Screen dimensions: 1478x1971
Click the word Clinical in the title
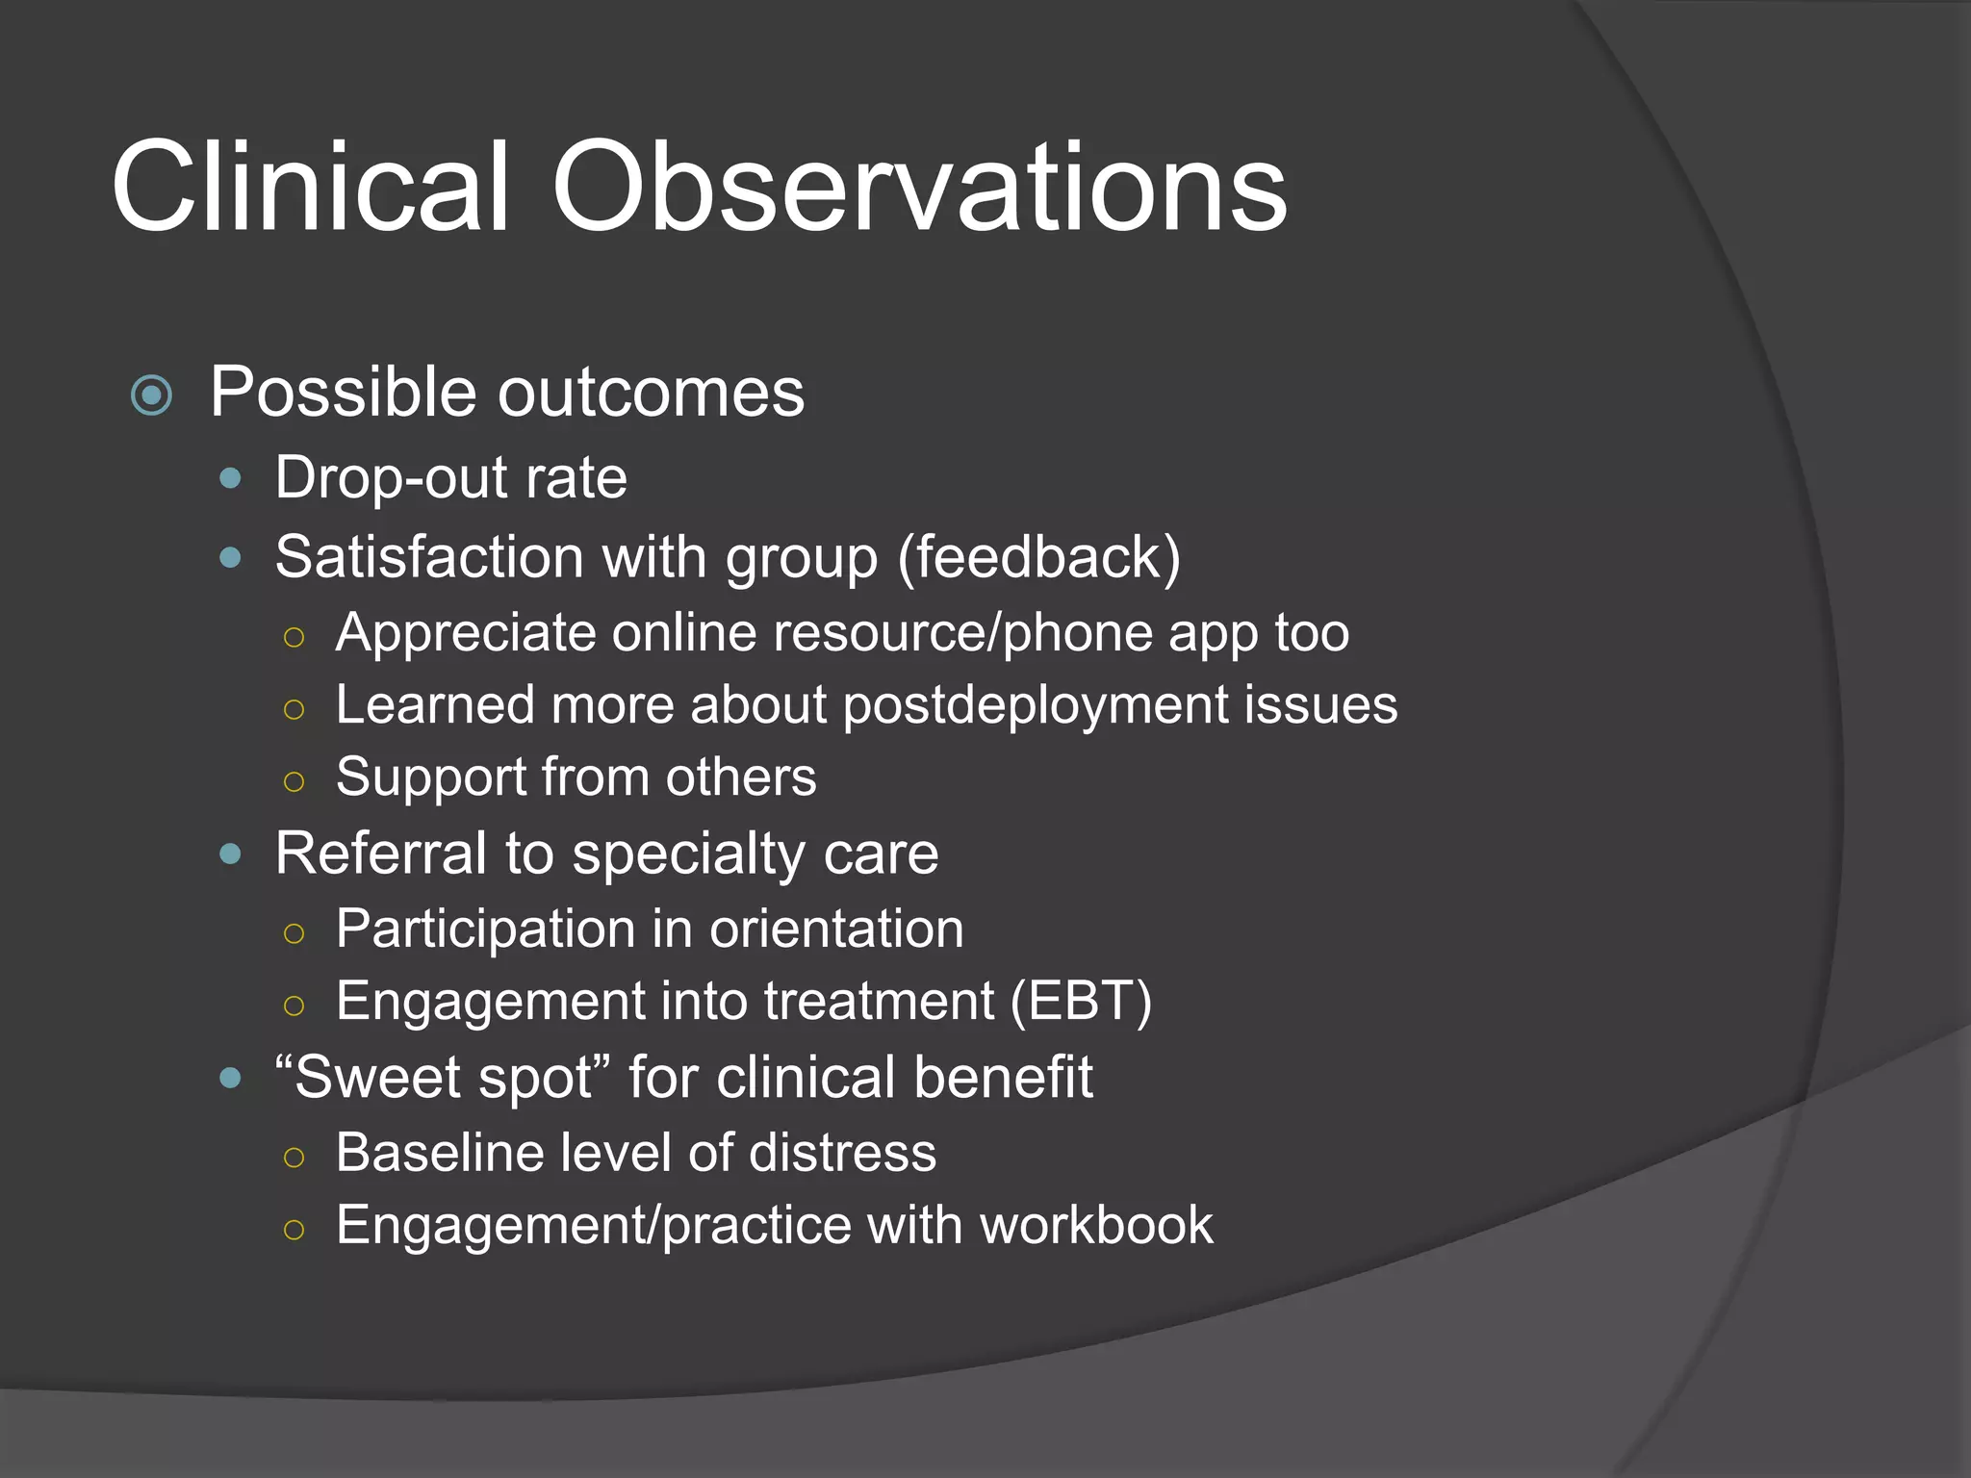click(310, 188)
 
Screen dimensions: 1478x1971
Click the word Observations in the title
click(919, 188)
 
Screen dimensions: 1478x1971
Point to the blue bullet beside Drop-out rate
click(230, 478)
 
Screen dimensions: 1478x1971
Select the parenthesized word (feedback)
click(1038, 558)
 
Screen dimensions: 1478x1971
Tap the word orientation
click(836, 930)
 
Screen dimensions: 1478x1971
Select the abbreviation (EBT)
click(1081, 1002)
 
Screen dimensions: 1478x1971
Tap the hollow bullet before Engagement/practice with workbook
click(294, 1230)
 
